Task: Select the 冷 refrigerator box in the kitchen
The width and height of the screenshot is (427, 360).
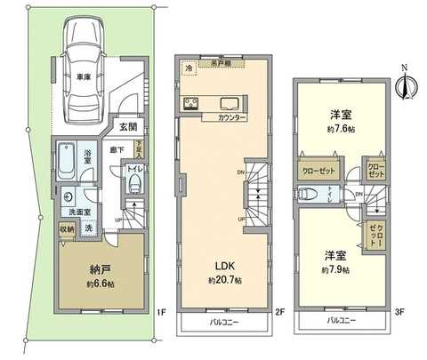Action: (x=189, y=68)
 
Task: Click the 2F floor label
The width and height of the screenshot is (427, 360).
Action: (x=278, y=312)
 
